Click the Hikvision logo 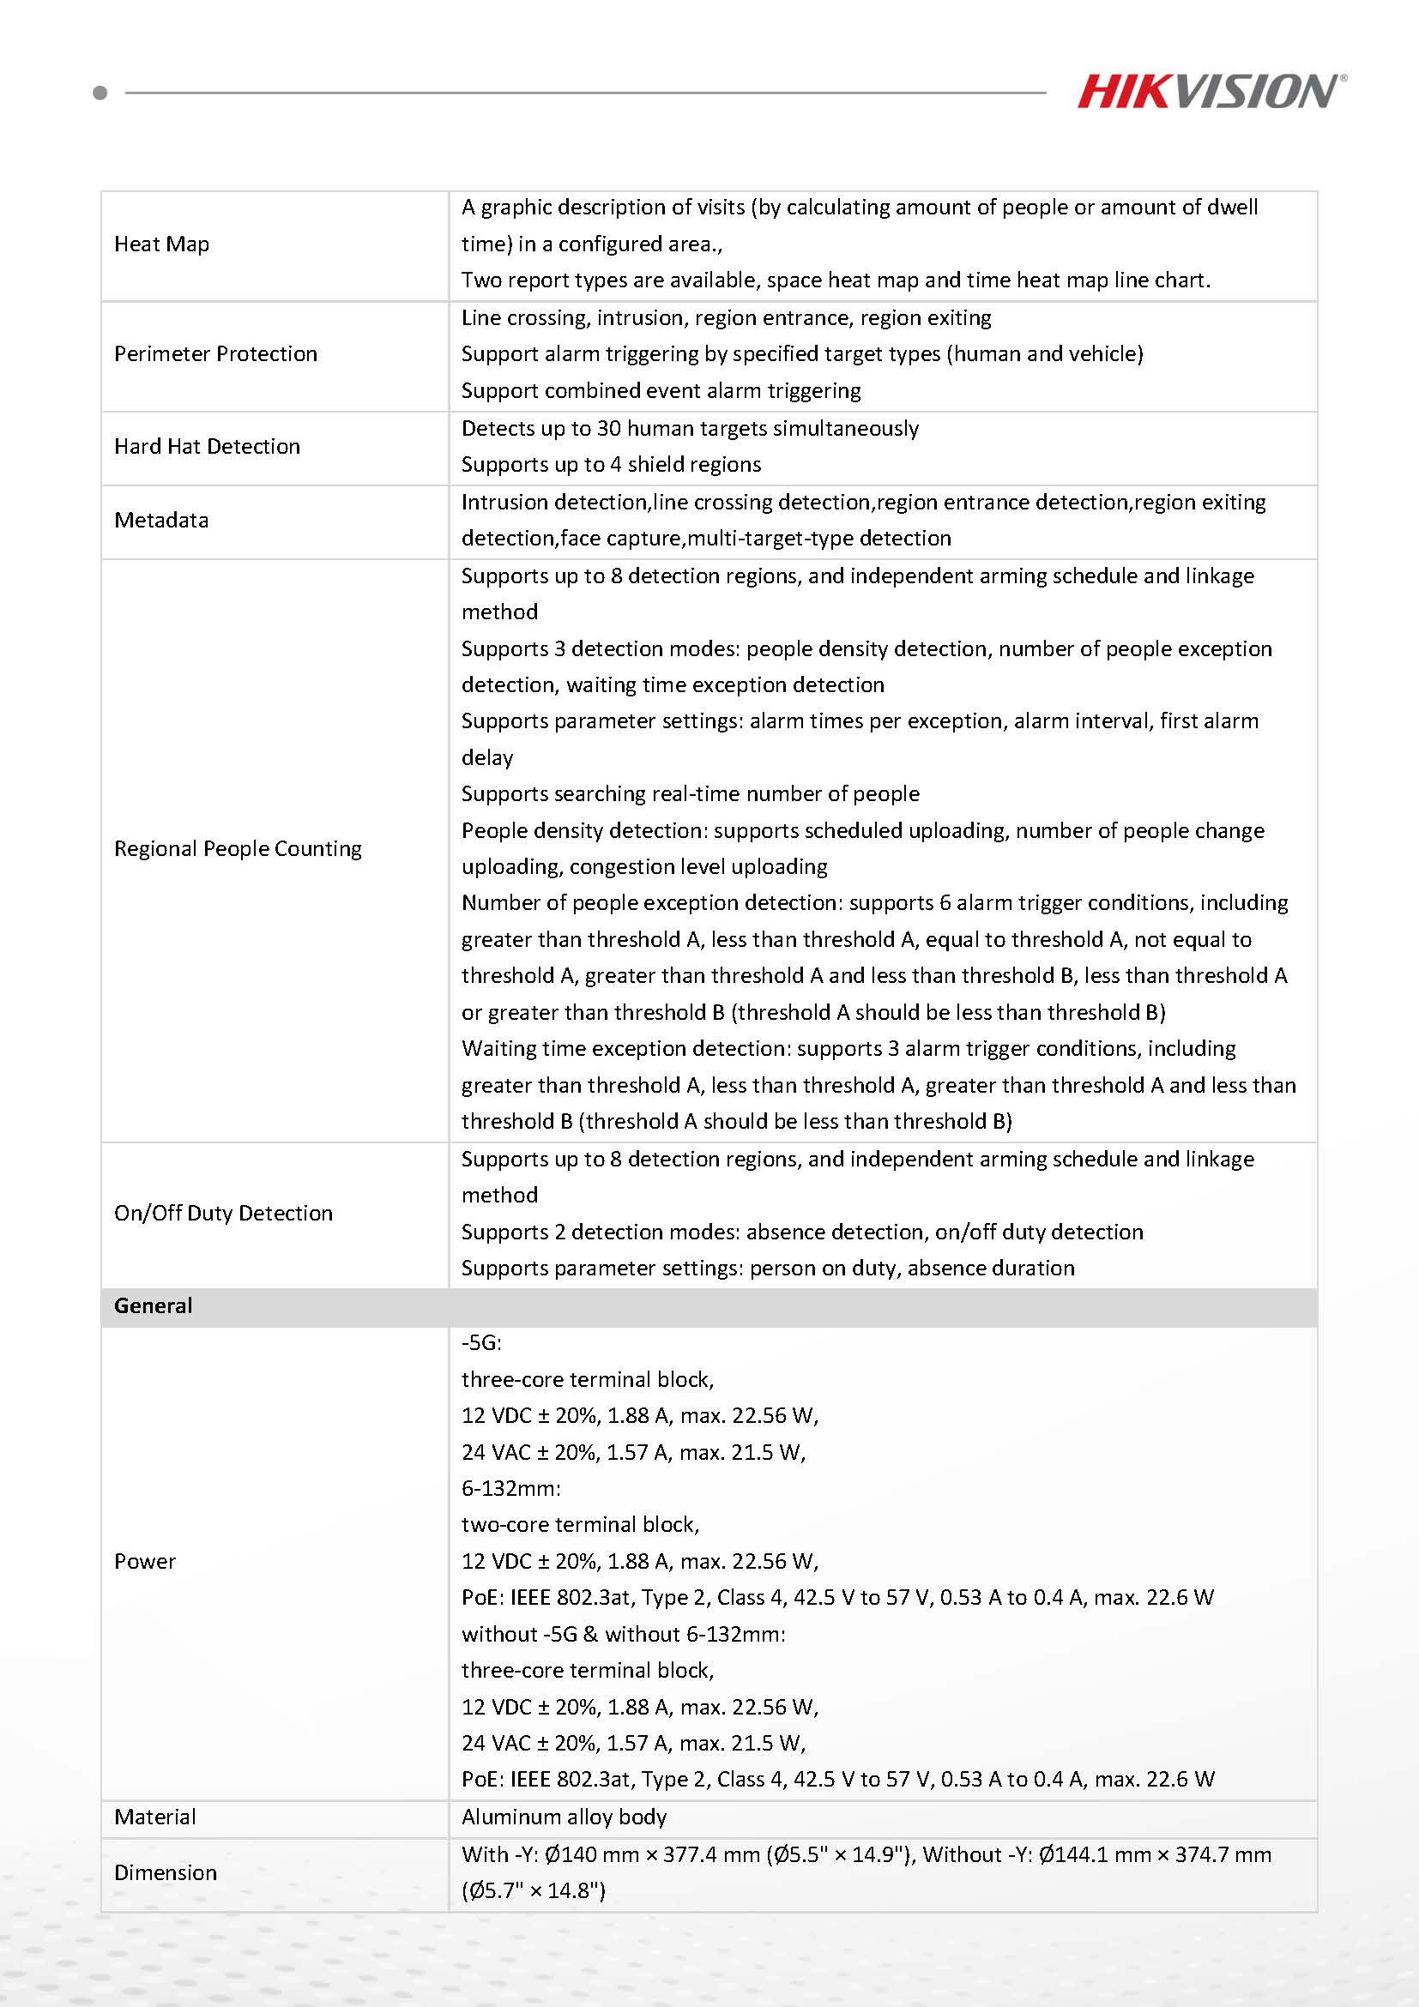1210,92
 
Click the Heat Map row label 162,244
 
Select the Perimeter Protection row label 215,354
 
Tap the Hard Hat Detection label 207,447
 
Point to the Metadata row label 161,520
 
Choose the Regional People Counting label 237,849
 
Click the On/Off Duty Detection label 223,1214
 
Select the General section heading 153,1306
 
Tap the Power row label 144,1561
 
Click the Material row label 154,1817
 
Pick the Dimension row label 166,1872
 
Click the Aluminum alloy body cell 564,1817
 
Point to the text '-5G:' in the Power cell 481,1342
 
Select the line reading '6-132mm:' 510,1488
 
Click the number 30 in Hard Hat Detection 608,428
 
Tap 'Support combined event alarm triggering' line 661,391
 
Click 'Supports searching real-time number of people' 690,793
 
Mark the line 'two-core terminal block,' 580,1524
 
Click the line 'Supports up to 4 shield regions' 611,464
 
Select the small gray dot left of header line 100,93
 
